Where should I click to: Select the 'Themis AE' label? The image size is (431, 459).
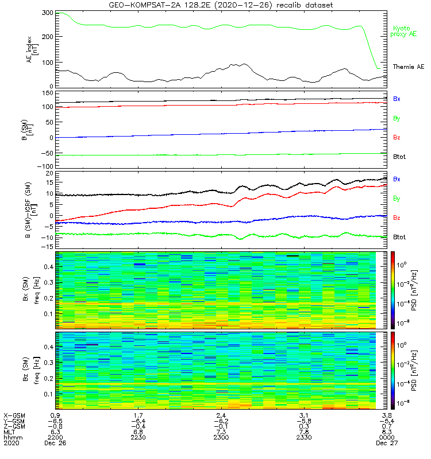click(x=408, y=67)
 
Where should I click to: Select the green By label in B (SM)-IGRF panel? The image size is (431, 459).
click(x=397, y=199)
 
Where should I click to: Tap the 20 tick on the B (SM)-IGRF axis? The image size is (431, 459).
click(x=49, y=173)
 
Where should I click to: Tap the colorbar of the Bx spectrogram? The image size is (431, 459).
click(x=394, y=290)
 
